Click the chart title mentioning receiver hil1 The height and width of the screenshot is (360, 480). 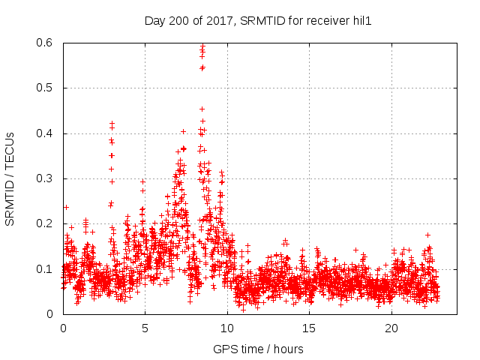point(258,20)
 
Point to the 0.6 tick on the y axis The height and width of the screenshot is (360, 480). point(46,43)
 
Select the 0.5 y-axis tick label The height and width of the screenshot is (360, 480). point(46,88)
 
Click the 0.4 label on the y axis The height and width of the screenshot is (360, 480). point(46,133)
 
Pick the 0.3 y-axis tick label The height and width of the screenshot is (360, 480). point(46,178)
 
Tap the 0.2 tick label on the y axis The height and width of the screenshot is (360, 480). point(46,223)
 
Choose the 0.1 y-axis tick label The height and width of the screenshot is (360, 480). point(46,268)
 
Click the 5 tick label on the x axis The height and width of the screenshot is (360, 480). point(145,328)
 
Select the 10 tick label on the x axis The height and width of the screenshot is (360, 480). point(227,328)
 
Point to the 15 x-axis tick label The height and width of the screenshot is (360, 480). point(310,328)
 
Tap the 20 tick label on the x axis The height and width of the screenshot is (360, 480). point(391,328)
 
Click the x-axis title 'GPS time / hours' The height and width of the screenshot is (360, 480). point(258,349)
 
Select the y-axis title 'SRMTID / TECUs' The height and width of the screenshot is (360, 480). point(10,178)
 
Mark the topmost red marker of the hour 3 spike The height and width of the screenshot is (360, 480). point(112,123)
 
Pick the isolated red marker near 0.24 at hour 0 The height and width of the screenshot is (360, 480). point(66,207)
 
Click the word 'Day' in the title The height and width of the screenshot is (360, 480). point(154,20)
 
